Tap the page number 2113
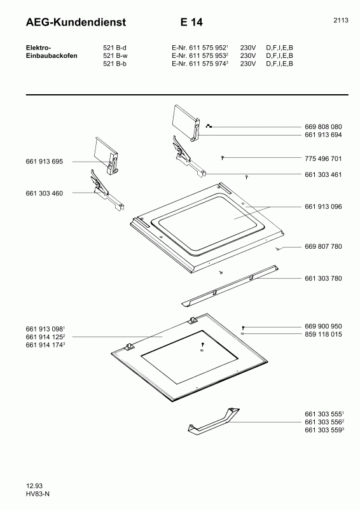pyautogui.click(x=340, y=20)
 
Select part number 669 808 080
pyautogui.click(x=323, y=127)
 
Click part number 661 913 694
pyautogui.click(x=323, y=135)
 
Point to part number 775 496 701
pyautogui.click(x=323, y=158)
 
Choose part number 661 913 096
pyautogui.click(x=323, y=206)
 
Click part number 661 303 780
pyautogui.click(x=323, y=278)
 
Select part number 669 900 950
pyautogui.click(x=323, y=326)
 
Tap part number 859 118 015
pyautogui.click(x=323, y=334)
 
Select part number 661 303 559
pyautogui.click(x=324, y=431)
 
